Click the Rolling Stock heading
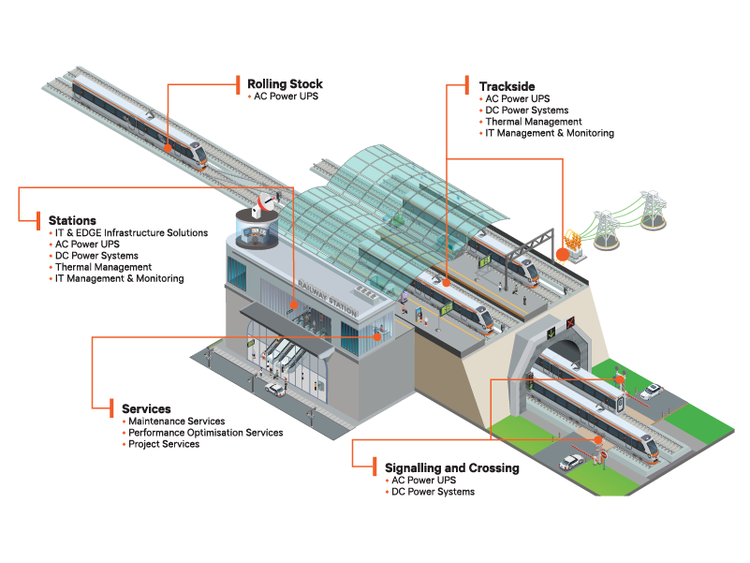point(285,83)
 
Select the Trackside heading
point(507,86)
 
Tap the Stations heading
point(72,220)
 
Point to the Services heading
point(146,409)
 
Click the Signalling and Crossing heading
point(451,467)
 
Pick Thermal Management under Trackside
point(533,122)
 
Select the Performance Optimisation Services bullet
point(205,433)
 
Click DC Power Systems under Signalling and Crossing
point(433,492)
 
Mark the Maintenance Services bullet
point(177,422)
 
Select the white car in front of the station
point(275,388)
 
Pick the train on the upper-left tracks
point(140,118)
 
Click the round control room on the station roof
point(255,230)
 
